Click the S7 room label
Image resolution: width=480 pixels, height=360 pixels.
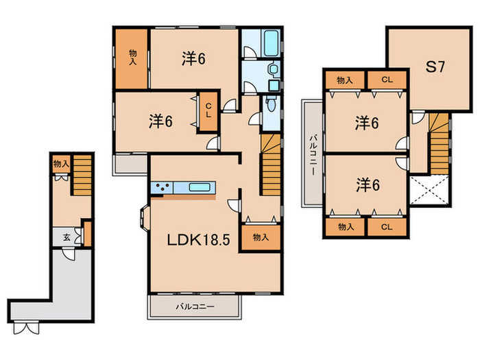(x=435, y=67)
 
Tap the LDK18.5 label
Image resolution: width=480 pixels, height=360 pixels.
(x=198, y=240)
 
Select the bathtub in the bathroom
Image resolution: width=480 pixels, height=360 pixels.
(x=272, y=43)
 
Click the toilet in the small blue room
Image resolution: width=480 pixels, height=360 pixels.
(x=271, y=104)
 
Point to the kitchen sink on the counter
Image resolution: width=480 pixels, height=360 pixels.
(x=199, y=187)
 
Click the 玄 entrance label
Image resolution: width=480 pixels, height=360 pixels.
(x=67, y=237)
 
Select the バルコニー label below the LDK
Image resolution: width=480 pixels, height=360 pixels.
(x=195, y=307)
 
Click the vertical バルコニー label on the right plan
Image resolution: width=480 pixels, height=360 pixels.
(x=313, y=154)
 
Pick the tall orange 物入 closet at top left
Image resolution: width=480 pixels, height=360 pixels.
(x=132, y=59)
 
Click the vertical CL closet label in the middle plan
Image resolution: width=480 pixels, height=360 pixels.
(x=208, y=110)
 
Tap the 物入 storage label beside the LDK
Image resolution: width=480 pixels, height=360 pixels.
(x=261, y=237)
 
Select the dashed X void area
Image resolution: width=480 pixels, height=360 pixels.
(x=429, y=190)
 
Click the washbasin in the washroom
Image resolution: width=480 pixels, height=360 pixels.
(x=272, y=69)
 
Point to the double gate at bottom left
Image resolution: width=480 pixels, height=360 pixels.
(x=26, y=328)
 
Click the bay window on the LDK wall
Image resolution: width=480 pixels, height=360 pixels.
(x=144, y=217)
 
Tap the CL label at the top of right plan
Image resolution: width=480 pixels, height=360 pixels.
(x=387, y=80)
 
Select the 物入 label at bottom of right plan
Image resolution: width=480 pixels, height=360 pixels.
(x=346, y=227)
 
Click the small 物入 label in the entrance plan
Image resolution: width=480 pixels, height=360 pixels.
(x=61, y=164)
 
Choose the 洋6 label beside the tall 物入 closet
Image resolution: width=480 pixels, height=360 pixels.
(x=193, y=58)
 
